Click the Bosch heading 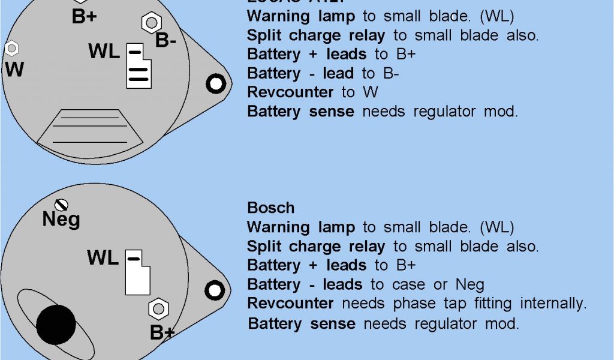(271, 208)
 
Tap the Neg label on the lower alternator (61, 220)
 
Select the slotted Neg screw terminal (61, 205)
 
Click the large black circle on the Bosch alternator (56, 325)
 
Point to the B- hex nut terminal (150, 23)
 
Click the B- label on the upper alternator (165, 41)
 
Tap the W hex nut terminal (10, 47)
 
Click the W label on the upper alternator (14, 70)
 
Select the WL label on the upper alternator (104, 52)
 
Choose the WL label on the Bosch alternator (103, 259)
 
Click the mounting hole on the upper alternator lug (215, 83)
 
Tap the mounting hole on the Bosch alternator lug (214, 290)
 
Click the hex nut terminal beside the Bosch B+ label (157, 309)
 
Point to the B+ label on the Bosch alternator (162, 332)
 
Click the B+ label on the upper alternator (84, 17)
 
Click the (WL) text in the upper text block (497, 16)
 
